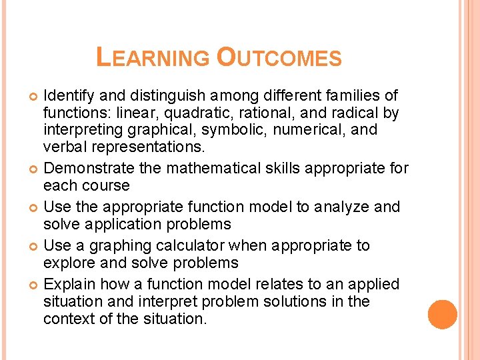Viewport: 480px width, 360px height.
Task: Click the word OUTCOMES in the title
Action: point(279,57)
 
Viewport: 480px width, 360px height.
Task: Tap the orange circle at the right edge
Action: point(442,315)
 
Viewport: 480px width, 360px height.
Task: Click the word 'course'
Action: point(107,185)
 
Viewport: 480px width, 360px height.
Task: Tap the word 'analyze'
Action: point(340,207)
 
